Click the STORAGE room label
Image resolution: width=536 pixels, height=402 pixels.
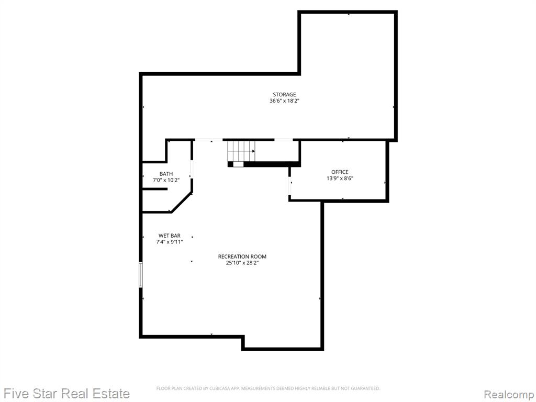pyautogui.click(x=284, y=95)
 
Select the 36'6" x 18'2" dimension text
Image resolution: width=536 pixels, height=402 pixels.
pyautogui.click(x=284, y=101)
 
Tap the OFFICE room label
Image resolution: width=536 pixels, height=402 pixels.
pyautogui.click(x=340, y=172)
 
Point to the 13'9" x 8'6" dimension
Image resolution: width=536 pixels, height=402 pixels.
pyautogui.click(x=340, y=178)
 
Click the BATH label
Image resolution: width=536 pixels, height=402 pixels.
pyautogui.click(x=166, y=174)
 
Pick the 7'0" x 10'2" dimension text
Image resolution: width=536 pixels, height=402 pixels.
pyautogui.click(x=166, y=180)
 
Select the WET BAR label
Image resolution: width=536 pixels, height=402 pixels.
pyautogui.click(x=170, y=236)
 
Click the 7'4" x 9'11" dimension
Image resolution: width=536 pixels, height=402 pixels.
pyautogui.click(x=170, y=242)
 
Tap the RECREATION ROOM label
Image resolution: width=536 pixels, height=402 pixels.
pyautogui.click(x=242, y=256)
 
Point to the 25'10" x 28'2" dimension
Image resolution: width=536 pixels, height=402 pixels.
pyautogui.click(x=242, y=263)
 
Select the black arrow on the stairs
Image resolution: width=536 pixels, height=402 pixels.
pyautogui.click(x=254, y=151)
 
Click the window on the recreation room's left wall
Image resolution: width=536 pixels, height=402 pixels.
pyautogui.click(x=140, y=274)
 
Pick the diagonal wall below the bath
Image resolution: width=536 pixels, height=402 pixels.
pyautogui.click(x=182, y=203)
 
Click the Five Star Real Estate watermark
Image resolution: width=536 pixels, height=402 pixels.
pyautogui.click(x=65, y=394)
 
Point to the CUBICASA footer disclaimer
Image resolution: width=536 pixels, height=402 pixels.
pyautogui.click(x=268, y=388)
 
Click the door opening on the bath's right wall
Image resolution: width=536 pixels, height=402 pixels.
pyautogui.click(x=192, y=169)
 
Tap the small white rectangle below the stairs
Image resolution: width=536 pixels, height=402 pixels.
pyautogui.click(x=238, y=164)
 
